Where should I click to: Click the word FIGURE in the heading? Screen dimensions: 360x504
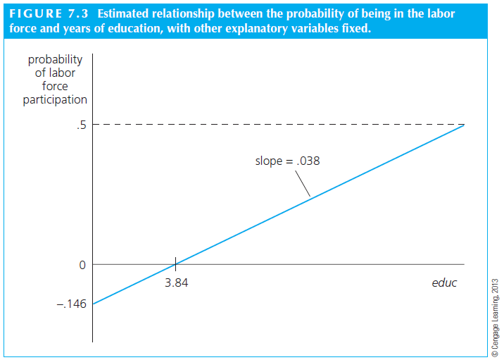(35, 14)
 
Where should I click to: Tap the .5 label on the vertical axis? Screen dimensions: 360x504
(81, 125)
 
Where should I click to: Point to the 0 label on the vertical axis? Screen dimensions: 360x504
(82, 265)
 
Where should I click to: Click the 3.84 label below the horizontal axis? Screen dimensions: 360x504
(176, 283)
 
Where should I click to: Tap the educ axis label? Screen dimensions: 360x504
(443, 283)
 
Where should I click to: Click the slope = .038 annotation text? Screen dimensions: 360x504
(287, 161)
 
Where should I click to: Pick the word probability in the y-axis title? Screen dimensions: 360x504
(55, 60)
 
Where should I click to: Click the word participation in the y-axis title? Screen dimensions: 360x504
(55, 99)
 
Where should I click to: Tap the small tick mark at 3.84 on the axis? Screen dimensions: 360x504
(175, 264)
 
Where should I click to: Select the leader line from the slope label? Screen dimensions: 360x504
(300, 183)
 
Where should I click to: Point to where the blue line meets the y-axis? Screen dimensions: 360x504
(92, 304)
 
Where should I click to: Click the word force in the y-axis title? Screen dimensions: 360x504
(55, 86)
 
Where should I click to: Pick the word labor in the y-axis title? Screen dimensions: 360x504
(61, 73)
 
